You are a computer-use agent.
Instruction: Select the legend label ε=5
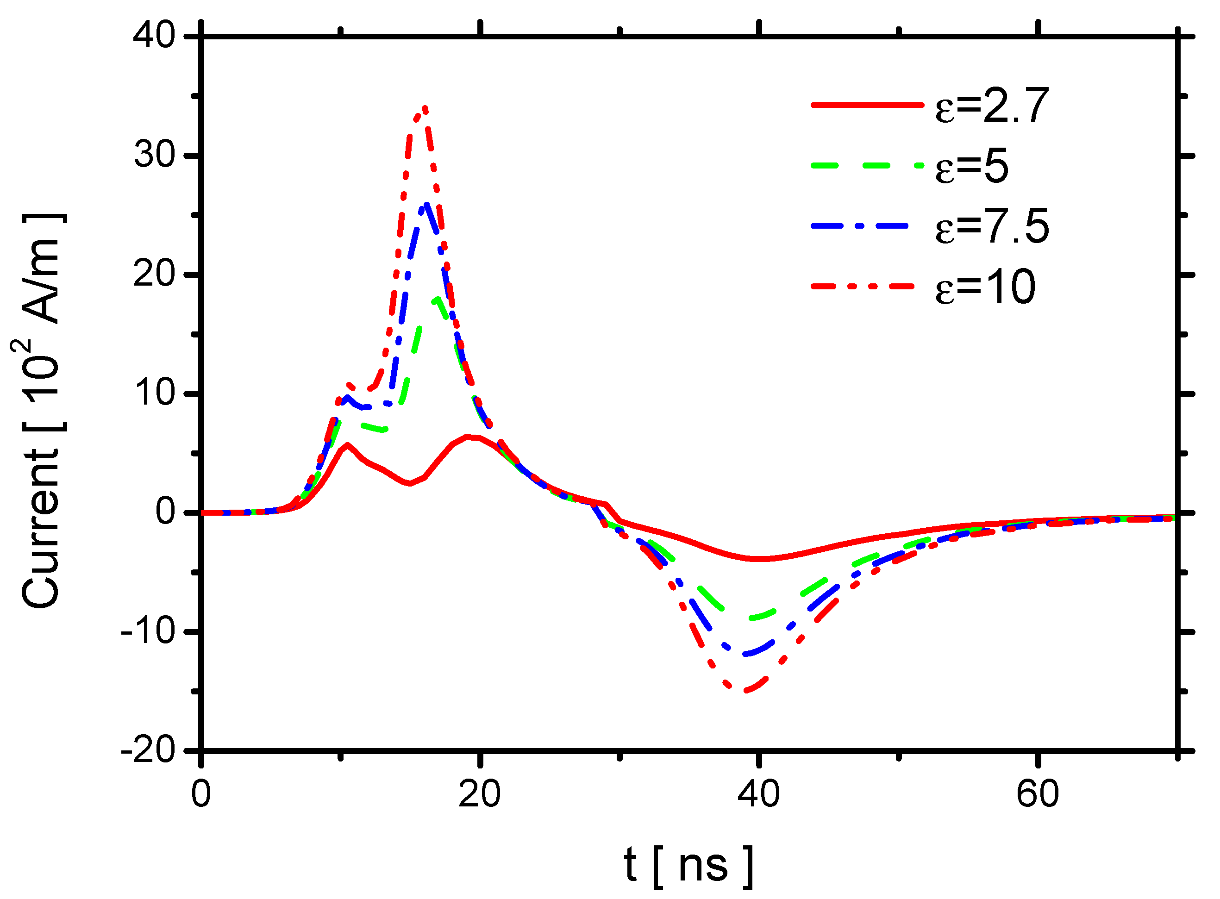tap(971, 166)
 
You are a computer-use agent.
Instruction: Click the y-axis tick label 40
tap(155, 36)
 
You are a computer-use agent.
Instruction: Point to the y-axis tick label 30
tap(155, 155)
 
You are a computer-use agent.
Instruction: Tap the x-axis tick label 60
tap(1037, 794)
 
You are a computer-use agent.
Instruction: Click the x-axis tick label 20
tap(479, 794)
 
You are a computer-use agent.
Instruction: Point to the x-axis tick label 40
tap(758, 794)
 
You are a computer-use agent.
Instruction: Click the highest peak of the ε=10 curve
tap(425, 108)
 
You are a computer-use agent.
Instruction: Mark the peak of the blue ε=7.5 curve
tap(426, 205)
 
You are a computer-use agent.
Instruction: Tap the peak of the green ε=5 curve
tap(437, 298)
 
